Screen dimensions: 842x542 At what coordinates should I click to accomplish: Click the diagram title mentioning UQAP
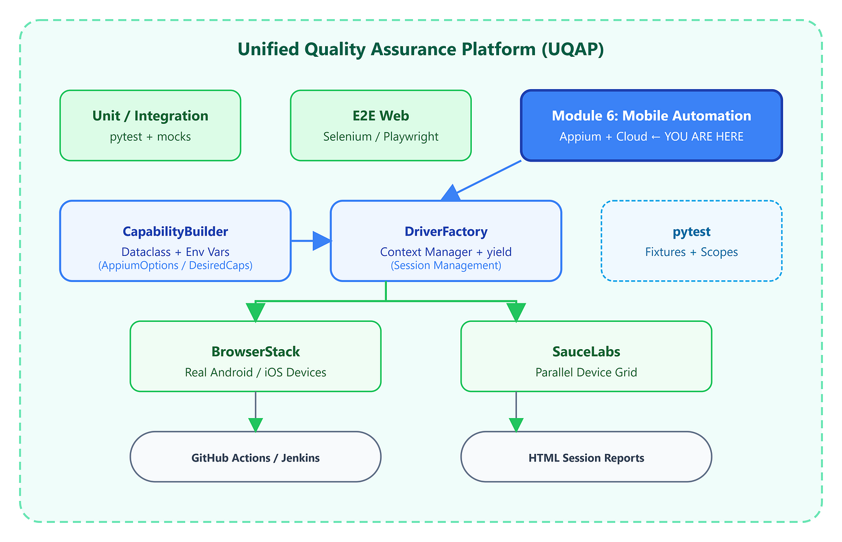point(420,49)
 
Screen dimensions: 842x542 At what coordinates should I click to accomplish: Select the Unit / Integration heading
point(150,116)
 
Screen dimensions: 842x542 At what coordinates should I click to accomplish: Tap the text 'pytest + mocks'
point(150,136)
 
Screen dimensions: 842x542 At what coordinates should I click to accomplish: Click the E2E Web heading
point(381,116)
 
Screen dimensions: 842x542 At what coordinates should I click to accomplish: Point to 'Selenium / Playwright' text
point(381,136)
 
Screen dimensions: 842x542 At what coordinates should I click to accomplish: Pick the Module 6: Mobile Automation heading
point(651,116)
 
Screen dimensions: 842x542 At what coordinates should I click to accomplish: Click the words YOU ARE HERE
point(704,136)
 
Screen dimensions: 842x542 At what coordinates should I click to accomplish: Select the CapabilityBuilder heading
point(175,232)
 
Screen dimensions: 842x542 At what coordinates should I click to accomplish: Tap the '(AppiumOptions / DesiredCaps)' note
point(175,265)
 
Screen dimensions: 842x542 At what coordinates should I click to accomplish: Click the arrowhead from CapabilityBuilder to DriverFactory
point(322,241)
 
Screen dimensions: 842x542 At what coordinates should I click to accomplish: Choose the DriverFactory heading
point(446,232)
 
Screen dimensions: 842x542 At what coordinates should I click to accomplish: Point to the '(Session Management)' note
point(446,265)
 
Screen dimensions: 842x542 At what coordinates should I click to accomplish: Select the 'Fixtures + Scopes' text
point(692,252)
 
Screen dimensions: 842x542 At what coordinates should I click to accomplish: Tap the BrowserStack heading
point(256,351)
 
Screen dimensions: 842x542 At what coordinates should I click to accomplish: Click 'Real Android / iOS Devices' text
point(256,372)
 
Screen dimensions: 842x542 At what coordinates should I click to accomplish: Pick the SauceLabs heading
point(586,351)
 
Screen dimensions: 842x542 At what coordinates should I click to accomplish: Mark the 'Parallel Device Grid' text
point(586,372)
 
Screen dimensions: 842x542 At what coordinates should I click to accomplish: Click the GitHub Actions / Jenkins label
point(256,457)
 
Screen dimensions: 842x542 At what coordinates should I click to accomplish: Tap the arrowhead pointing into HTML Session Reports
point(516,425)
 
